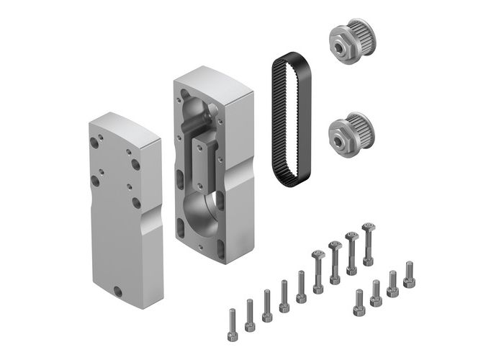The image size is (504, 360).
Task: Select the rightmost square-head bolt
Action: (369, 243)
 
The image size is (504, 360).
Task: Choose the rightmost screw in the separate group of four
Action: (409, 277)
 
